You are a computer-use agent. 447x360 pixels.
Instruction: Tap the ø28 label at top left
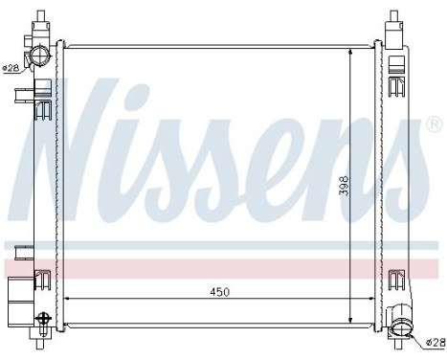pos(11,67)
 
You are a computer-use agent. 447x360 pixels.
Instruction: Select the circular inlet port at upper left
pos(37,55)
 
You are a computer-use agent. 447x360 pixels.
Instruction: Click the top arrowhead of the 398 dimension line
pos(350,50)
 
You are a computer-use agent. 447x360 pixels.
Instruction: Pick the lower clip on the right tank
pos(395,279)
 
